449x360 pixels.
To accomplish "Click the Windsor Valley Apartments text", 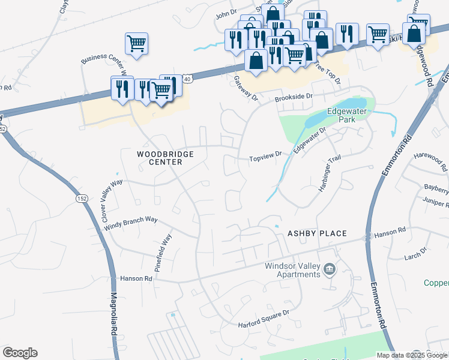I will pyautogui.click(x=293, y=270).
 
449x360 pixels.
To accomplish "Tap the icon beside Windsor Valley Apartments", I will pyautogui.click(x=329, y=270).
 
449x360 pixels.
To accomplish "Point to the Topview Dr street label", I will pyautogui.click(x=266, y=159).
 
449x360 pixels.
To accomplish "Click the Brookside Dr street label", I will pyautogui.click(x=294, y=97).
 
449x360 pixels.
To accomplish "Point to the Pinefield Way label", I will pyautogui.click(x=163, y=254).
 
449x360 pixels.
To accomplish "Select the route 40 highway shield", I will pyautogui.click(x=188, y=79).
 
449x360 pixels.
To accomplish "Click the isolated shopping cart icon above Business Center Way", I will pyautogui.click(x=136, y=44).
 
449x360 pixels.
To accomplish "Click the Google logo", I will pyautogui.click(x=20, y=353).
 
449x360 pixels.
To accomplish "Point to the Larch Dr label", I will pyautogui.click(x=415, y=253).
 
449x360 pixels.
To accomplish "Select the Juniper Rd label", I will pyautogui.click(x=435, y=203).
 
